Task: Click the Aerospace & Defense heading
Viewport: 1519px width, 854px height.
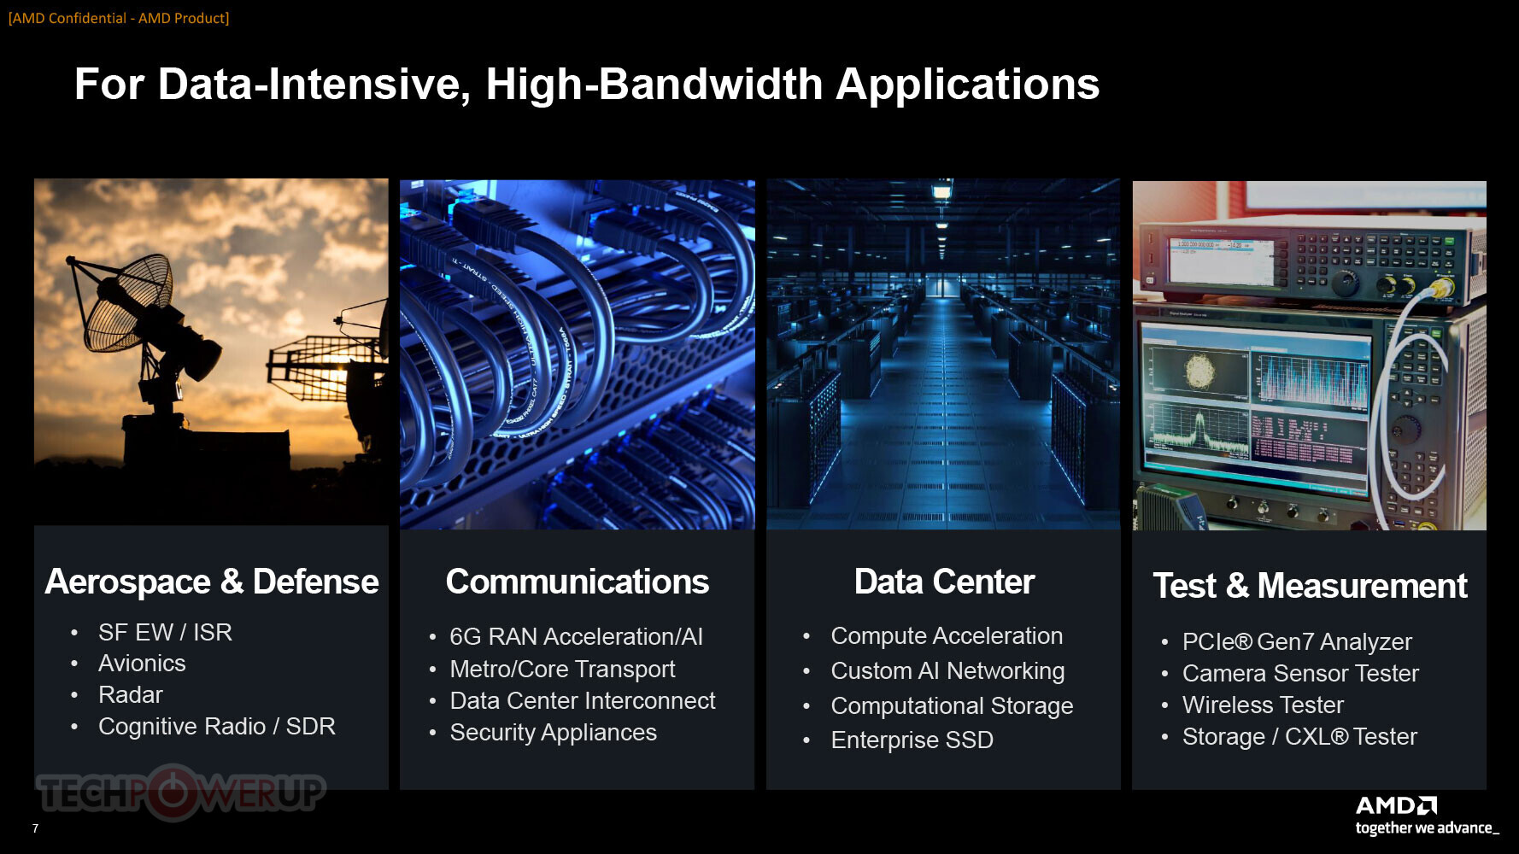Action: (x=212, y=582)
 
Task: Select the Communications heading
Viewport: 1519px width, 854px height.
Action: (x=578, y=582)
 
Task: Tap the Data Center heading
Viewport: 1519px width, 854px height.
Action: (x=944, y=582)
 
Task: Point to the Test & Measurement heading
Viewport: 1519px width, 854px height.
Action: (x=1310, y=586)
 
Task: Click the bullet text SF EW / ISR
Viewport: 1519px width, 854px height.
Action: (x=165, y=632)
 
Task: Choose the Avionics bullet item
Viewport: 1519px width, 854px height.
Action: (x=142, y=664)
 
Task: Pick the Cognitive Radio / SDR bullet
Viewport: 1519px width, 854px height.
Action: (x=217, y=727)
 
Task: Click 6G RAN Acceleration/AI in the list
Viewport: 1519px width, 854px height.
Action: (x=577, y=636)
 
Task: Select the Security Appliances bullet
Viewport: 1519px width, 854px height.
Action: (x=554, y=733)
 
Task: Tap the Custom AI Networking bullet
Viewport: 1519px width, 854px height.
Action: (x=947, y=671)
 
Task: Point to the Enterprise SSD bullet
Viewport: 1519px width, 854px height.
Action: (x=912, y=740)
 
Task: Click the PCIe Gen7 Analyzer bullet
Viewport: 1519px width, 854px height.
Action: (x=1297, y=641)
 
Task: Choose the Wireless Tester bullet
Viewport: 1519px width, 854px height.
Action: (x=1263, y=705)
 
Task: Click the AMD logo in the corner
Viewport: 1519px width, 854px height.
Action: (x=1397, y=805)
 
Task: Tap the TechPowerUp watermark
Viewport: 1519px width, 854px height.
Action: (x=180, y=793)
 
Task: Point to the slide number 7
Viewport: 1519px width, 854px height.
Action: (x=35, y=828)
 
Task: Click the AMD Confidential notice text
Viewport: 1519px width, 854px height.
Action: (x=119, y=18)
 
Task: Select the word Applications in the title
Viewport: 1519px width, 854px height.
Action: (x=967, y=85)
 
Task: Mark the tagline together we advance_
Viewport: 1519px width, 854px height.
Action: (x=1427, y=828)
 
